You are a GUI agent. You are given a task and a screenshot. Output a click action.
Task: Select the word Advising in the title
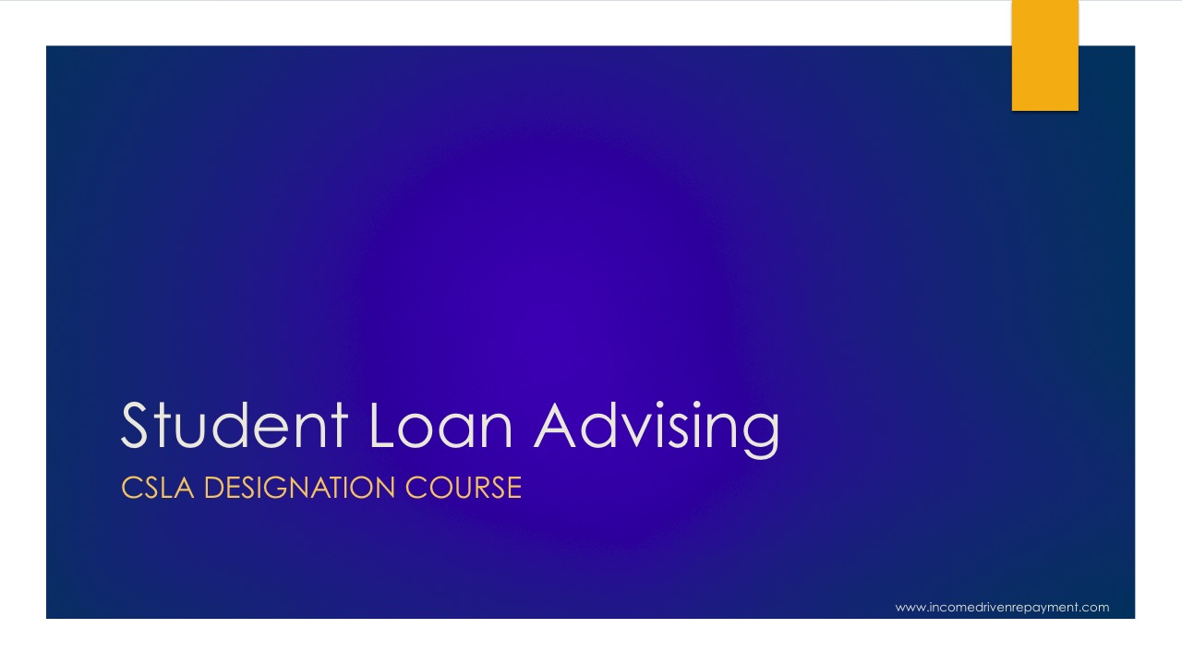[657, 427]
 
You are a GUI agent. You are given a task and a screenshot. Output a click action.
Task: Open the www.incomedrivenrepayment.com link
[1002, 607]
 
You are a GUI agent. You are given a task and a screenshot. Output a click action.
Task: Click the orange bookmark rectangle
[1044, 55]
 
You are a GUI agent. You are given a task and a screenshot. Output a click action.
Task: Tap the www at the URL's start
[908, 608]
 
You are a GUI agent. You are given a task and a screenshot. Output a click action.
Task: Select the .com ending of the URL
[1096, 608]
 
